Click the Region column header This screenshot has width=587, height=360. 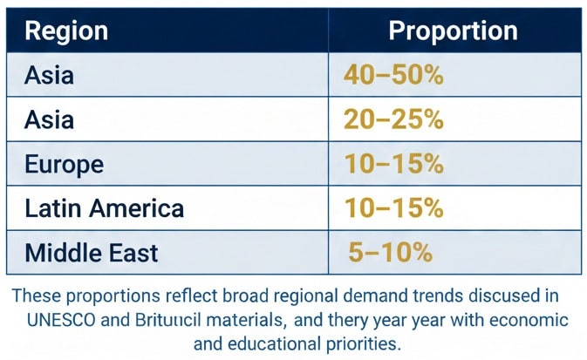66,31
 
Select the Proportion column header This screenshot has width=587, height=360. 453,31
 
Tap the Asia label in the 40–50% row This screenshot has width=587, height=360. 49,76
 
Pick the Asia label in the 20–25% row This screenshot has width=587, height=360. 49,120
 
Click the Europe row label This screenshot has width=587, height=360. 65,165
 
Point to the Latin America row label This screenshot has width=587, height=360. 104,209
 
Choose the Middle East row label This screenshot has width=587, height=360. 92,253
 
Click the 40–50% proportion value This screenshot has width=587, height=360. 393,76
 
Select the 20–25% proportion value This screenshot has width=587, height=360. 393,120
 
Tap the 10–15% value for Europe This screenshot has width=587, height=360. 393,165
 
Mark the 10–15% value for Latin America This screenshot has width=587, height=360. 393,209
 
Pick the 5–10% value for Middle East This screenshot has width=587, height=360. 391,253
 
